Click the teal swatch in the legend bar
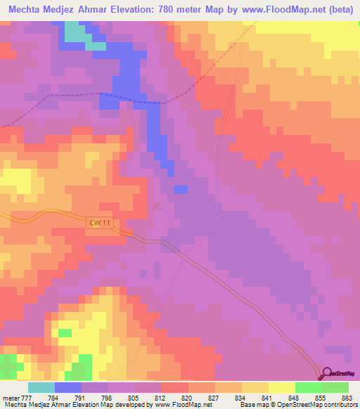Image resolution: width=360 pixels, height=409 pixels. click(41, 387)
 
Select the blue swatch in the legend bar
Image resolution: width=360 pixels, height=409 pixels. click(68, 387)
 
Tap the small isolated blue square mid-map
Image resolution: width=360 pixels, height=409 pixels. click(181, 189)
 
